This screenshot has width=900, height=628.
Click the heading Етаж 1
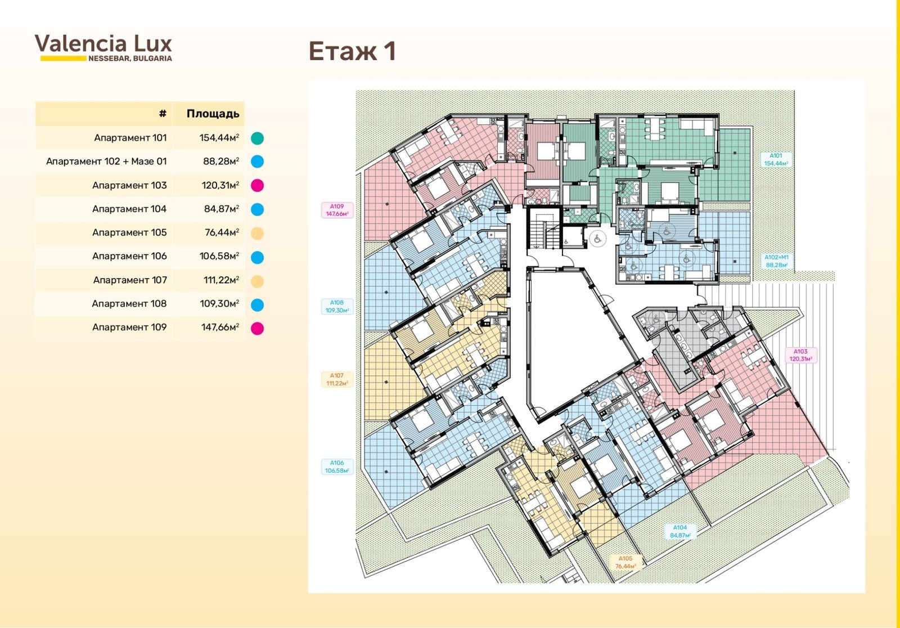pyautogui.click(x=352, y=51)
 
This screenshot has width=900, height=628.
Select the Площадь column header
pyautogui.click(x=213, y=114)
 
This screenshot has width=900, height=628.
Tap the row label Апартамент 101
pyautogui.click(x=130, y=138)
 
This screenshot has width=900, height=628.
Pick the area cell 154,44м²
pyautogui.click(x=219, y=138)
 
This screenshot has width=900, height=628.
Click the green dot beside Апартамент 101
pyautogui.click(x=257, y=138)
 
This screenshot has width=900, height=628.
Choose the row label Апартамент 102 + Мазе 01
pyautogui.click(x=106, y=162)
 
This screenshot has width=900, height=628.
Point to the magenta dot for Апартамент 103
pyautogui.click(x=257, y=186)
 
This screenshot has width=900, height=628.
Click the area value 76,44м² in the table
pyautogui.click(x=222, y=232)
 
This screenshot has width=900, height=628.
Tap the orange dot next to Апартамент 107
pyautogui.click(x=257, y=281)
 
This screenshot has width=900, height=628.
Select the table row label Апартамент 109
pyautogui.click(x=129, y=328)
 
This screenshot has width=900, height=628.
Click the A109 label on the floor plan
pyautogui.click(x=337, y=210)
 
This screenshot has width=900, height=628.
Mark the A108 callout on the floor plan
pyautogui.click(x=337, y=306)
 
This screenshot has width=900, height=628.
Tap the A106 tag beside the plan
pyautogui.click(x=337, y=466)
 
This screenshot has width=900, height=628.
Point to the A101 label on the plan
pyautogui.click(x=776, y=160)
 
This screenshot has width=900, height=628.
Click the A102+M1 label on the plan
pyautogui.click(x=776, y=261)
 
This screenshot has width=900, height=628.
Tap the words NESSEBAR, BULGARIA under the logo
pyautogui.click(x=130, y=59)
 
